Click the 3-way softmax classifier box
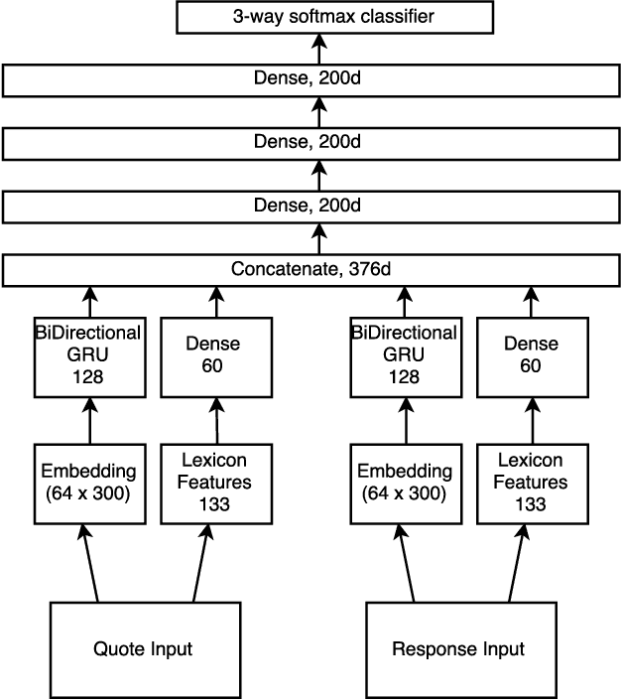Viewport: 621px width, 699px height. click(319, 17)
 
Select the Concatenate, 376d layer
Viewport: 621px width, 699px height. click(319, 270)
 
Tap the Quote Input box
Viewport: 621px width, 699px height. click(143, 649)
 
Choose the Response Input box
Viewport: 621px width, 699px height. click(458, 649)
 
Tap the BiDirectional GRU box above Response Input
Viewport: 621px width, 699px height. click(405, 354)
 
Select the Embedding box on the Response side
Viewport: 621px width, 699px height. click(405, 483)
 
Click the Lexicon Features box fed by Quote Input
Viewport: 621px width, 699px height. click(214, 483)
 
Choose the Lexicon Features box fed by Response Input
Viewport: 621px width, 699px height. click(531, 483)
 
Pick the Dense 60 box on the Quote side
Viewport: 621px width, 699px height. click(214, 354)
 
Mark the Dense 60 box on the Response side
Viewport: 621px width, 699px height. click(531, 354)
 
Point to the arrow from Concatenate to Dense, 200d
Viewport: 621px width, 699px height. click(319, 239)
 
